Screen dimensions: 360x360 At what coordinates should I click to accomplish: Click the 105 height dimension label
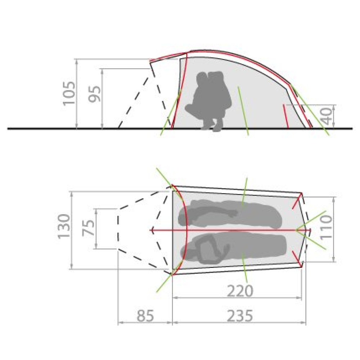(x=69, y=93)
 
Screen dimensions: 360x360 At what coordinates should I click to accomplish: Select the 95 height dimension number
(x=95, y=94)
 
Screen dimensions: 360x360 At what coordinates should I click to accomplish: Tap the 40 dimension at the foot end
(x=327, y=116)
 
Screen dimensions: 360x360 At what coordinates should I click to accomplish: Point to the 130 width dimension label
(x=64, y=226)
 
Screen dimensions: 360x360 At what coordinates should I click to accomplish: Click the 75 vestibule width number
(x=89, y=228)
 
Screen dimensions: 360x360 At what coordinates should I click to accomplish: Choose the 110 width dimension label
(x=326, y=227)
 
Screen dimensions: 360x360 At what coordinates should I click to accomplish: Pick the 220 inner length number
(x=240, y=291)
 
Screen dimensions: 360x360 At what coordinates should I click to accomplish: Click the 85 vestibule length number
(x=145, y=316)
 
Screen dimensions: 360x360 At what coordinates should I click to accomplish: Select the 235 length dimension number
(x=240, y=316)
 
